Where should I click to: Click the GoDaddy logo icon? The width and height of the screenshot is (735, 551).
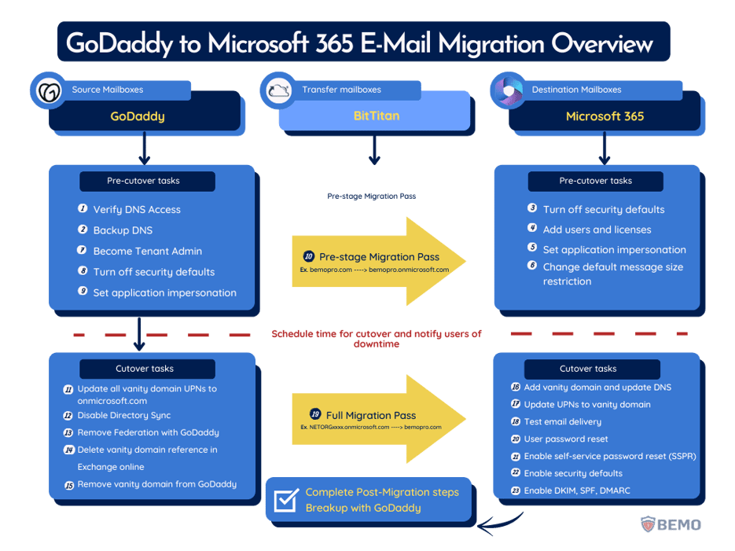point(48,90)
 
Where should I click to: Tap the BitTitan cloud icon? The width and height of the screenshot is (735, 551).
point(279,90)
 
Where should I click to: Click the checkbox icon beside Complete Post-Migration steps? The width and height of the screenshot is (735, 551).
point(285,499)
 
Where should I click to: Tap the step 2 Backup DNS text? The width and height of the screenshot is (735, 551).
point(123,230)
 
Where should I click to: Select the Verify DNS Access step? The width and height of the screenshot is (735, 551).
point(137,210)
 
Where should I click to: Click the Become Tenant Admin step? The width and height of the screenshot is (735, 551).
point(147,252)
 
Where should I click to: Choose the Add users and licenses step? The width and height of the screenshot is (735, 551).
point(597,230)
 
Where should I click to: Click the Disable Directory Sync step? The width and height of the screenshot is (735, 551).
point(123,415)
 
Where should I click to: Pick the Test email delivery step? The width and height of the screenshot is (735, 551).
point(563,422)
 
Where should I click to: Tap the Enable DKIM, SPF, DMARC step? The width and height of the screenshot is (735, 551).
point(576,490)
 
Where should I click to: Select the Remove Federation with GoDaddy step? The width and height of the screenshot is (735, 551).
point(148,432)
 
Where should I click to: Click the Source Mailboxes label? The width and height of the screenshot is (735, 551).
point(108,90)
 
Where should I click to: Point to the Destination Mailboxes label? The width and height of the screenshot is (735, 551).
point(576,90)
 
